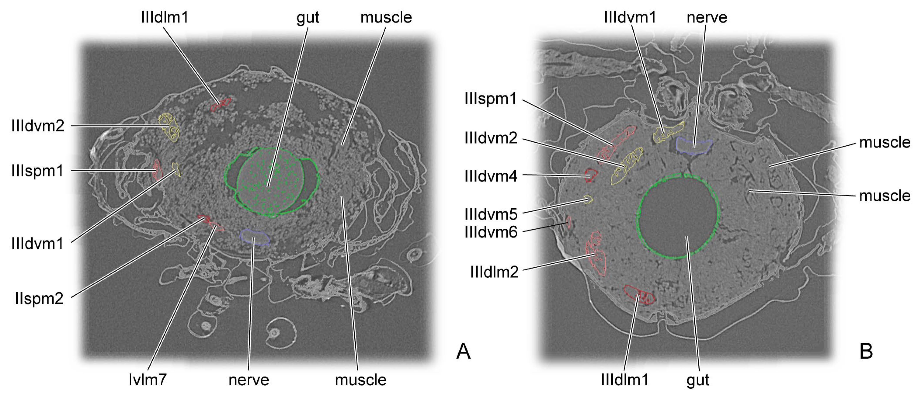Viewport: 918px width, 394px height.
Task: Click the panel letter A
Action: (463, 352)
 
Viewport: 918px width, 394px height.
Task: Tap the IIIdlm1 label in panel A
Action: (164, 17)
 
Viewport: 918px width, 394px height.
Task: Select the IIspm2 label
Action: (39, 298)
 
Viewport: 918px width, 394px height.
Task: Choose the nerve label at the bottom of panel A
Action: (249, 380)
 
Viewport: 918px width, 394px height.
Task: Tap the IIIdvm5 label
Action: (491, 214)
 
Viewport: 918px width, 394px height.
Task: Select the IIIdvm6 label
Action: (491, 232)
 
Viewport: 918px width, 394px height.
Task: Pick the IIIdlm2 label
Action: (494, 272)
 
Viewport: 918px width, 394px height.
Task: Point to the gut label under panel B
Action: (698, 380)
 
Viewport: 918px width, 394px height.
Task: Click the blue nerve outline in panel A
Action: (254, 237)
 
